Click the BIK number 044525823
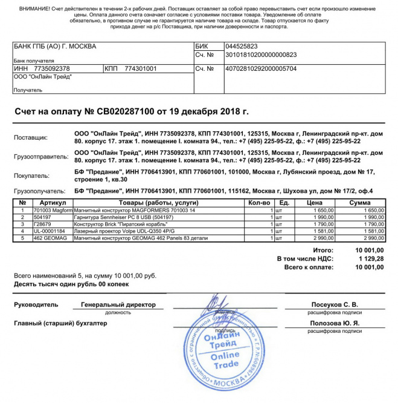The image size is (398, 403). pos(241,47)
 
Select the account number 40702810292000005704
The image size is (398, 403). pos(260,69)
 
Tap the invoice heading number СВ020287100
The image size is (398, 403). pos(126,112)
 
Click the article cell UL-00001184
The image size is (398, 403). pos(49,231)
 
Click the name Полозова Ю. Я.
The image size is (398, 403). pos(335,324)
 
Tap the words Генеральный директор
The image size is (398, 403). pos(118,305)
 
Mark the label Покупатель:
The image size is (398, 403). pos(31,175)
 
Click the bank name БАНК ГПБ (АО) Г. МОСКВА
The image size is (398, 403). pos(55,47)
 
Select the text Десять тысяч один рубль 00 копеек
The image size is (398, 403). pos(68,284)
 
